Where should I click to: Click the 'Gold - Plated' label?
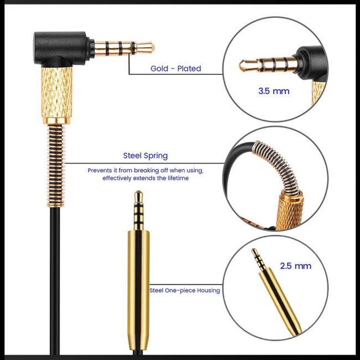coord(176,69)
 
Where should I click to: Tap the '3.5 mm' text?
coord(274,91)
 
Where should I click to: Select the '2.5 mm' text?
coord(295,266)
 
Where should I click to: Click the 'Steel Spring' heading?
coord(145,156)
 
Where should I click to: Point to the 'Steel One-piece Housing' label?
coord(184,290)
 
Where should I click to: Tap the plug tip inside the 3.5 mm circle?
coord(244,65)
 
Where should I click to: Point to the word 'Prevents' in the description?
coord(100,170)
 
